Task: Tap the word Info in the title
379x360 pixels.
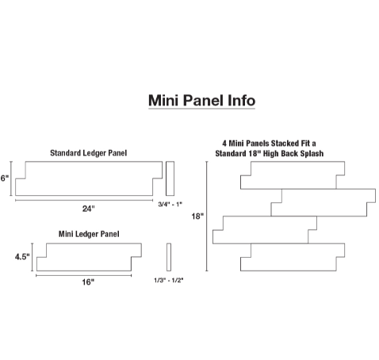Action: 241,101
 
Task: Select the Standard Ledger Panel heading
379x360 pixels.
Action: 89,153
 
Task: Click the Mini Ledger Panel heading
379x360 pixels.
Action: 89,234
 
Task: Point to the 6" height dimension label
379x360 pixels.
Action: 5,178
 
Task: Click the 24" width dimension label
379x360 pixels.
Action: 88,209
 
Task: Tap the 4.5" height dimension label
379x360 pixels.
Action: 22,257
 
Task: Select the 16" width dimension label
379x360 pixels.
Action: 88,282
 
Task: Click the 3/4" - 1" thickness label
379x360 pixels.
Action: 170,204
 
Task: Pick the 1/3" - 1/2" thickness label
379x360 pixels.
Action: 169,280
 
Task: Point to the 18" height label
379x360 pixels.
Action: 197,216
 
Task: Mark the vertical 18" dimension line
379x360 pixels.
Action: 207,216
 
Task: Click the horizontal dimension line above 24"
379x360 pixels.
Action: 84,201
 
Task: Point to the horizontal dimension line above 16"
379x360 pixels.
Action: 84,275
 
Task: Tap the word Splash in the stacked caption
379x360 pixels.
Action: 311,154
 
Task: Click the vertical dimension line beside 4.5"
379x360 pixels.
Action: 33,257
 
